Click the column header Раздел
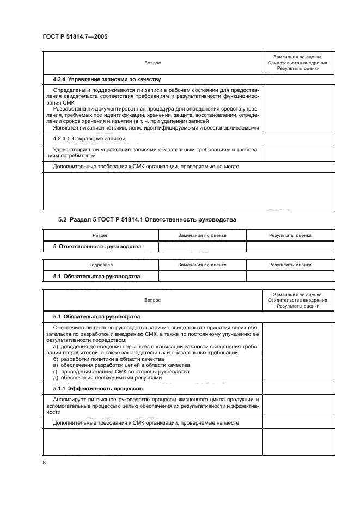[x=101, y=235]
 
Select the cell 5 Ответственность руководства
[x=97, y=246]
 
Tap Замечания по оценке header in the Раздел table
[x=202, y=235]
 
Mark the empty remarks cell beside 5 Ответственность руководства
[x=202, y=246]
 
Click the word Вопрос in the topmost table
[x=152, y=63]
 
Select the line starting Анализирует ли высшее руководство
[x=155, y=401]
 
